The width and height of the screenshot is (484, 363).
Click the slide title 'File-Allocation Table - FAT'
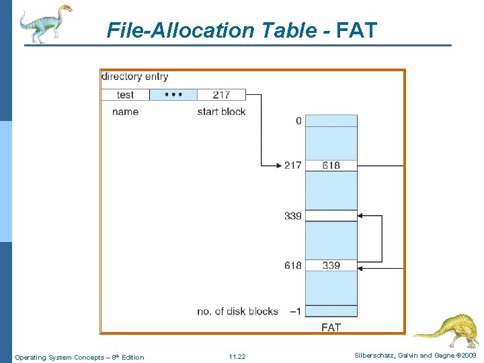click(x=242, y=30)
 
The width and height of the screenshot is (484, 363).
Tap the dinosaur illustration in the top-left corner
click(x=45, y=23)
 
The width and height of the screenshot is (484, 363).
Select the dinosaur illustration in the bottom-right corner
click(x=447, y=329)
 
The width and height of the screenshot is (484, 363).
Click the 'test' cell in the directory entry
click(x=125, y=95)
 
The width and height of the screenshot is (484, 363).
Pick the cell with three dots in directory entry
click(x=173, y=95)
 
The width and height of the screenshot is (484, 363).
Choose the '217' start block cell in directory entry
click(x=221, y=95)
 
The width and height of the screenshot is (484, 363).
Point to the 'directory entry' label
click(x=135, y=77)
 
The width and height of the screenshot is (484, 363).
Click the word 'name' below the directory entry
click(x=125, y=112)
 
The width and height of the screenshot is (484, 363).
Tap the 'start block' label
click(x=221, y=112)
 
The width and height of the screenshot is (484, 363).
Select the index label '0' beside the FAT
click(x=298, y=121)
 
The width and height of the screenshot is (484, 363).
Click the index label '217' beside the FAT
click(x=292, y=165)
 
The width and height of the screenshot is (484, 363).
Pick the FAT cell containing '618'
click(x=331, y=165)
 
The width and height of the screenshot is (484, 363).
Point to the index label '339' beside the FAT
click(x=292, y=216)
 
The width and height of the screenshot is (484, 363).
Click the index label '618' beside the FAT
click(x=292, y=266)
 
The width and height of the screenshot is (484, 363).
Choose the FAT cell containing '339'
click(x=331, y=266)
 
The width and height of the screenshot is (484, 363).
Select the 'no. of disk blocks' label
click(x=237, y=311)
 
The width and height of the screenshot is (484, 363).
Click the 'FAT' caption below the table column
click(x=331, y=327)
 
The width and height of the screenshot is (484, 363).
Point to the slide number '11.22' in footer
click(x=237, y=357)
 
